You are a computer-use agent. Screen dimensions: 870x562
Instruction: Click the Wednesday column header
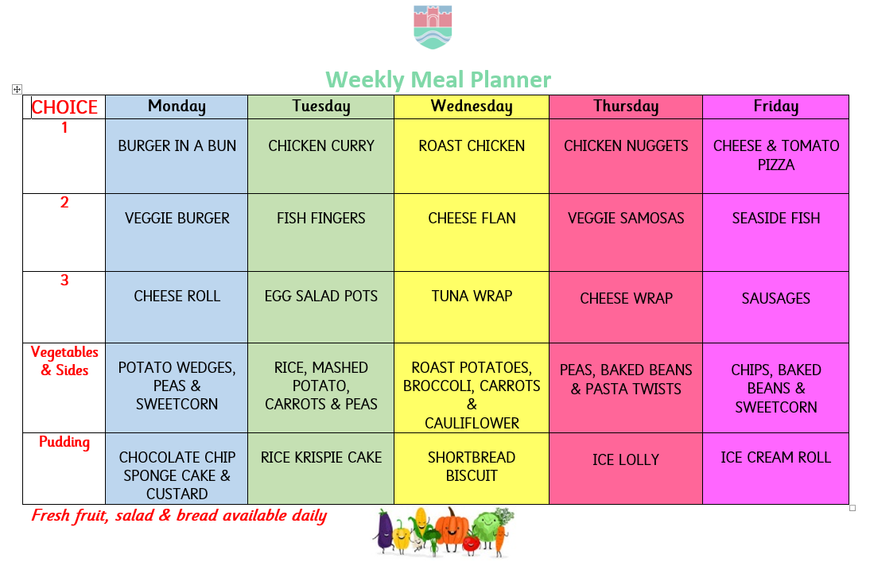[472, 106]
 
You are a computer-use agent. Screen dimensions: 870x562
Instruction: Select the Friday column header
[775, 106]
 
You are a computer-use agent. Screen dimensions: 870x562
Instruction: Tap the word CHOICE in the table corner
[64, 107]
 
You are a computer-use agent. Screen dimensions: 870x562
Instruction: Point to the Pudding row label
[64, 442]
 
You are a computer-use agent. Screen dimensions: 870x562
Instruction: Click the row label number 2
[64, 202]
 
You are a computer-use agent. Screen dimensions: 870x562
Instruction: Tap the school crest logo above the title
[433, 27]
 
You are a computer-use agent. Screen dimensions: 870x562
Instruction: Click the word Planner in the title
[511, 79]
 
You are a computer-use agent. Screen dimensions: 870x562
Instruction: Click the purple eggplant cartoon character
[384, 532]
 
